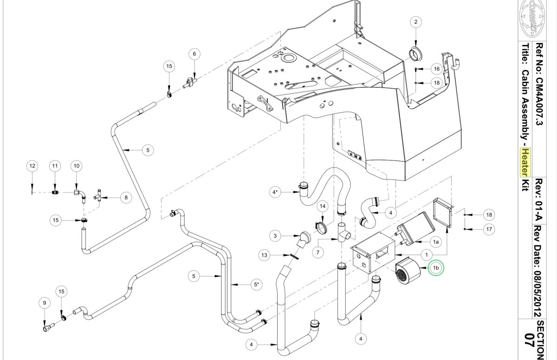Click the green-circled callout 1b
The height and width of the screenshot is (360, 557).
click(436, 268)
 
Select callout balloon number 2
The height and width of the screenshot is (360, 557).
click(416, 22)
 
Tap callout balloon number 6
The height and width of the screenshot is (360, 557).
click(194, 54)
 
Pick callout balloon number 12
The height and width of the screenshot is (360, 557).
click(32, 166)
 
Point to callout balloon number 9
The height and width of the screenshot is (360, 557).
click(45, 303)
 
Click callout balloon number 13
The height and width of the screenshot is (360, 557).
click(264, 255)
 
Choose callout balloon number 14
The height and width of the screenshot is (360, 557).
click(323, 206)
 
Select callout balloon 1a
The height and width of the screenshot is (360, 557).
click(436, 242)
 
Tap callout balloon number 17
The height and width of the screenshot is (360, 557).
click(489, 229)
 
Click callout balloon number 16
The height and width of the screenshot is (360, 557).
click(437, 69)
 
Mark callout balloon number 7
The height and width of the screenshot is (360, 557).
click(318, 253)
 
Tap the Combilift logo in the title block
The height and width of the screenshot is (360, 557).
click(532, 19)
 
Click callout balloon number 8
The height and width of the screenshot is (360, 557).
click(126, 198)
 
